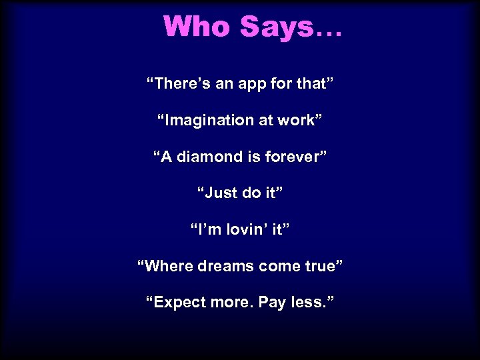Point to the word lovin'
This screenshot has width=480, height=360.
[x=247, y=230]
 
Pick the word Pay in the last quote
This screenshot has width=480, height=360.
[x=271, y=303]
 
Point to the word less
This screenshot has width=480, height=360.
[x=309, y=303]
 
